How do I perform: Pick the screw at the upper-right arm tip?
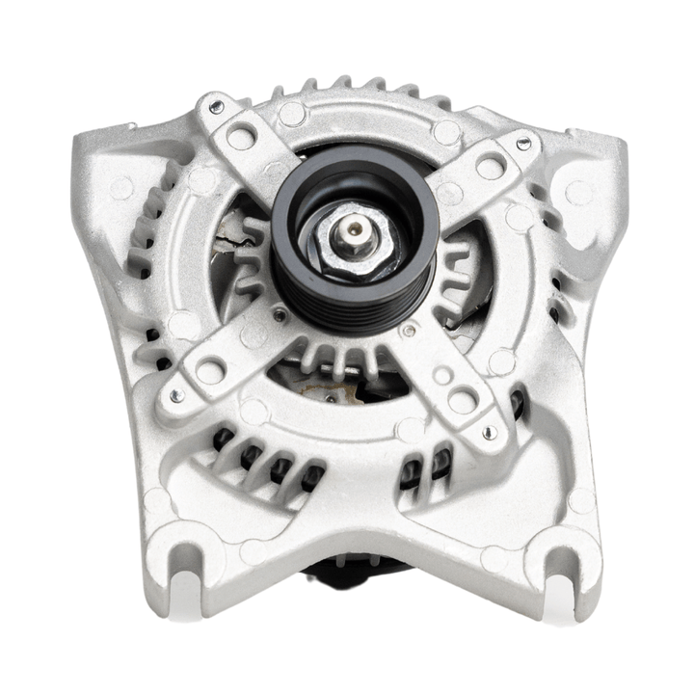click(522, 144)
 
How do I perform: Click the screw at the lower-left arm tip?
click(174, 395)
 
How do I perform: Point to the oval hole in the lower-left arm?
click(209, 368)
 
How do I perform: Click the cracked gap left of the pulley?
click(229, 231)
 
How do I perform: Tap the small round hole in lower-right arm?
click(440, 373)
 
